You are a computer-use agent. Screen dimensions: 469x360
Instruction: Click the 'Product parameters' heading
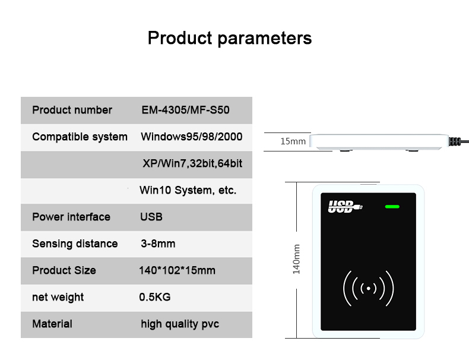230,39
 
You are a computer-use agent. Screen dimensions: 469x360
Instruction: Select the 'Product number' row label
72,110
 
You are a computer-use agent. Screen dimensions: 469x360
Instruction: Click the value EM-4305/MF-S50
185,110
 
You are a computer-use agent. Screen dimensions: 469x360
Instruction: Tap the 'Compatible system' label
80,137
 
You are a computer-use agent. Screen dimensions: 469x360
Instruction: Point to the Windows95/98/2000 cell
191,137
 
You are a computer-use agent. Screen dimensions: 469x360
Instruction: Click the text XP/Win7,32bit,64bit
192,164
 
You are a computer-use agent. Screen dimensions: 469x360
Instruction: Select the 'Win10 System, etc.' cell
188,190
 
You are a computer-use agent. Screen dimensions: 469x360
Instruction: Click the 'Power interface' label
71,217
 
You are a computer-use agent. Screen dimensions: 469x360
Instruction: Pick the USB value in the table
151,217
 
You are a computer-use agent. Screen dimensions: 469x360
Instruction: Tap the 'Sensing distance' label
75,244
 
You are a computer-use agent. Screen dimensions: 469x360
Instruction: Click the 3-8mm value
158,244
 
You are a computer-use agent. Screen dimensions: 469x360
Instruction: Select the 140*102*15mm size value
177,270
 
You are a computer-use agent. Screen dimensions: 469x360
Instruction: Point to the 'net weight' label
58,298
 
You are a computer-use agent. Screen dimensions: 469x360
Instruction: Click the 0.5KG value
155,297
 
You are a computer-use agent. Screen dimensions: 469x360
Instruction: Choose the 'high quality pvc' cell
180,324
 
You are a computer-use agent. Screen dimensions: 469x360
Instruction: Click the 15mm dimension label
293,141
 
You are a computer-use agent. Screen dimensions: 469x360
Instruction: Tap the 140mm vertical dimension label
296,259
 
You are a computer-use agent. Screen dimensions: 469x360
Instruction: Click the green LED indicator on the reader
392,207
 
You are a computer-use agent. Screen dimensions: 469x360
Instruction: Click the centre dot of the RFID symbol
369,289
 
